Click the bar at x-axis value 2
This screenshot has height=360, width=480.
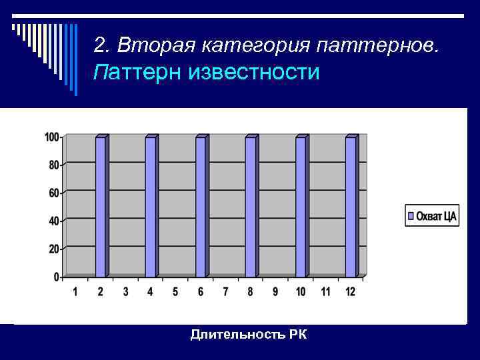(x=101, y=207)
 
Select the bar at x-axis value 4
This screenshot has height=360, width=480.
(x=151, y=207)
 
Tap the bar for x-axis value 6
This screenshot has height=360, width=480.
(x=201, y=207)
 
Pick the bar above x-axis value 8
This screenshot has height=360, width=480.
(x=251, y=207)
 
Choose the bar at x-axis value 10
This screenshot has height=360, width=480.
(x=301, y=207)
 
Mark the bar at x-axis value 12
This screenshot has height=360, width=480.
(x=351, y=207)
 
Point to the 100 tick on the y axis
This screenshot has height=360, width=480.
(x=51, y=137)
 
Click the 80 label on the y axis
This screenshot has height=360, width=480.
(x=53, y=165)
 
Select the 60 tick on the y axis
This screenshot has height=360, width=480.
(x=53, y=193)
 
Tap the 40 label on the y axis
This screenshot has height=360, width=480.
(x=53, y=221)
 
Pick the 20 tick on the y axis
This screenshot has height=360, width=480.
(x=53, y=249)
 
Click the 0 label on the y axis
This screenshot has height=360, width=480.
(x=56, y=277)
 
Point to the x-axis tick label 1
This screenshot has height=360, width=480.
(x=75, y=292)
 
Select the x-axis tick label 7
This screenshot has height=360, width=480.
(x=225, y=292)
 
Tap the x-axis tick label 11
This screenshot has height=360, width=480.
(x=325, y=292)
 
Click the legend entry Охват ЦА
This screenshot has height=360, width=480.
(x=432, y=216)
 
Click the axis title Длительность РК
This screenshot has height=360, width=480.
(x=249, y=334)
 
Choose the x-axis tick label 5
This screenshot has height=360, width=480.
(x=175, y=292)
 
